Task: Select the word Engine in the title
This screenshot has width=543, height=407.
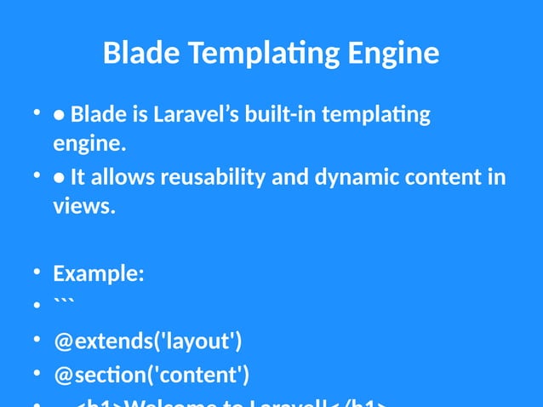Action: click(393, 54)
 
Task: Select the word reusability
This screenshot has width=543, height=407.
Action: click(216, 177)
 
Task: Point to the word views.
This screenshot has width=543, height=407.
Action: click(83, 206)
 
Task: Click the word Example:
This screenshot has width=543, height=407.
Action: click(98, 273)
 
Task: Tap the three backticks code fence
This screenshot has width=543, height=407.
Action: click(64, 303)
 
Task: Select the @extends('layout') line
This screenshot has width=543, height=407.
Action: click(147, 341)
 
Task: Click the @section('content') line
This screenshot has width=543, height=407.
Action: click(151, 375)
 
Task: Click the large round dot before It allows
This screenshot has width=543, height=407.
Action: click(60, 178)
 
